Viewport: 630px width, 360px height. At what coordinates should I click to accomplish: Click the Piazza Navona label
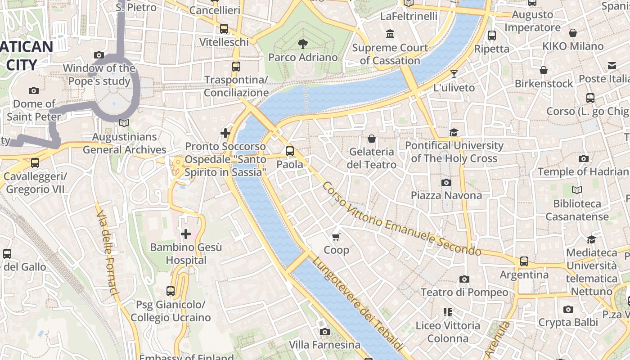(x=446, y=195)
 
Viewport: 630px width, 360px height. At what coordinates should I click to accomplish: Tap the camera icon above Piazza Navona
(x=446, y=182)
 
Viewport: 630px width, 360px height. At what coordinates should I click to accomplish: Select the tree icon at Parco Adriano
(x=303, y=44)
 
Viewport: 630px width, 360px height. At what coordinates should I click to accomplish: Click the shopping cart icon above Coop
(x=336, y=237)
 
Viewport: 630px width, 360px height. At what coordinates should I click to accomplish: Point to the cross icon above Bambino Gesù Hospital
(x=185, y=234)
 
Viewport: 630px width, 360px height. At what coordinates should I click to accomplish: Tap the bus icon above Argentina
(x=524, y=261)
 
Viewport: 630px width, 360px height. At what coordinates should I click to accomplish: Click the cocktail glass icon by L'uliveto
(x=454, y=74)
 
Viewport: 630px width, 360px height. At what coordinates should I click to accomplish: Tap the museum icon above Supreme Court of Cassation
(x=390, y=34)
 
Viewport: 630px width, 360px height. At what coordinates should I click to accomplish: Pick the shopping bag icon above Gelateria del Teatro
(x=371, y=139)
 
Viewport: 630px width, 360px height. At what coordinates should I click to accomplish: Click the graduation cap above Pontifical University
(x=454, y=132)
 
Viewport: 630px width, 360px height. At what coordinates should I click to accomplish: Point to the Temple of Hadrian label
(x=583, y=171)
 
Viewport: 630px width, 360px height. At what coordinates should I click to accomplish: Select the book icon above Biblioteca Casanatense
(x=576, y=190)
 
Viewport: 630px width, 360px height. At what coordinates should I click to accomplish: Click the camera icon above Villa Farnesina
(x=324, y=332)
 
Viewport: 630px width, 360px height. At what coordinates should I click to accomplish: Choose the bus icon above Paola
(x=290, y=151)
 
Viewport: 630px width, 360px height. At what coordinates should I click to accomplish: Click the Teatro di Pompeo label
(x=464, y=292)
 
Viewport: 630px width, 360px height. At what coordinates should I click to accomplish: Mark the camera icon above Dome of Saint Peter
(x=34, y=90)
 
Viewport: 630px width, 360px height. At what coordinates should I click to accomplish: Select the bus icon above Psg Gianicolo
(x=170, y=291)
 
